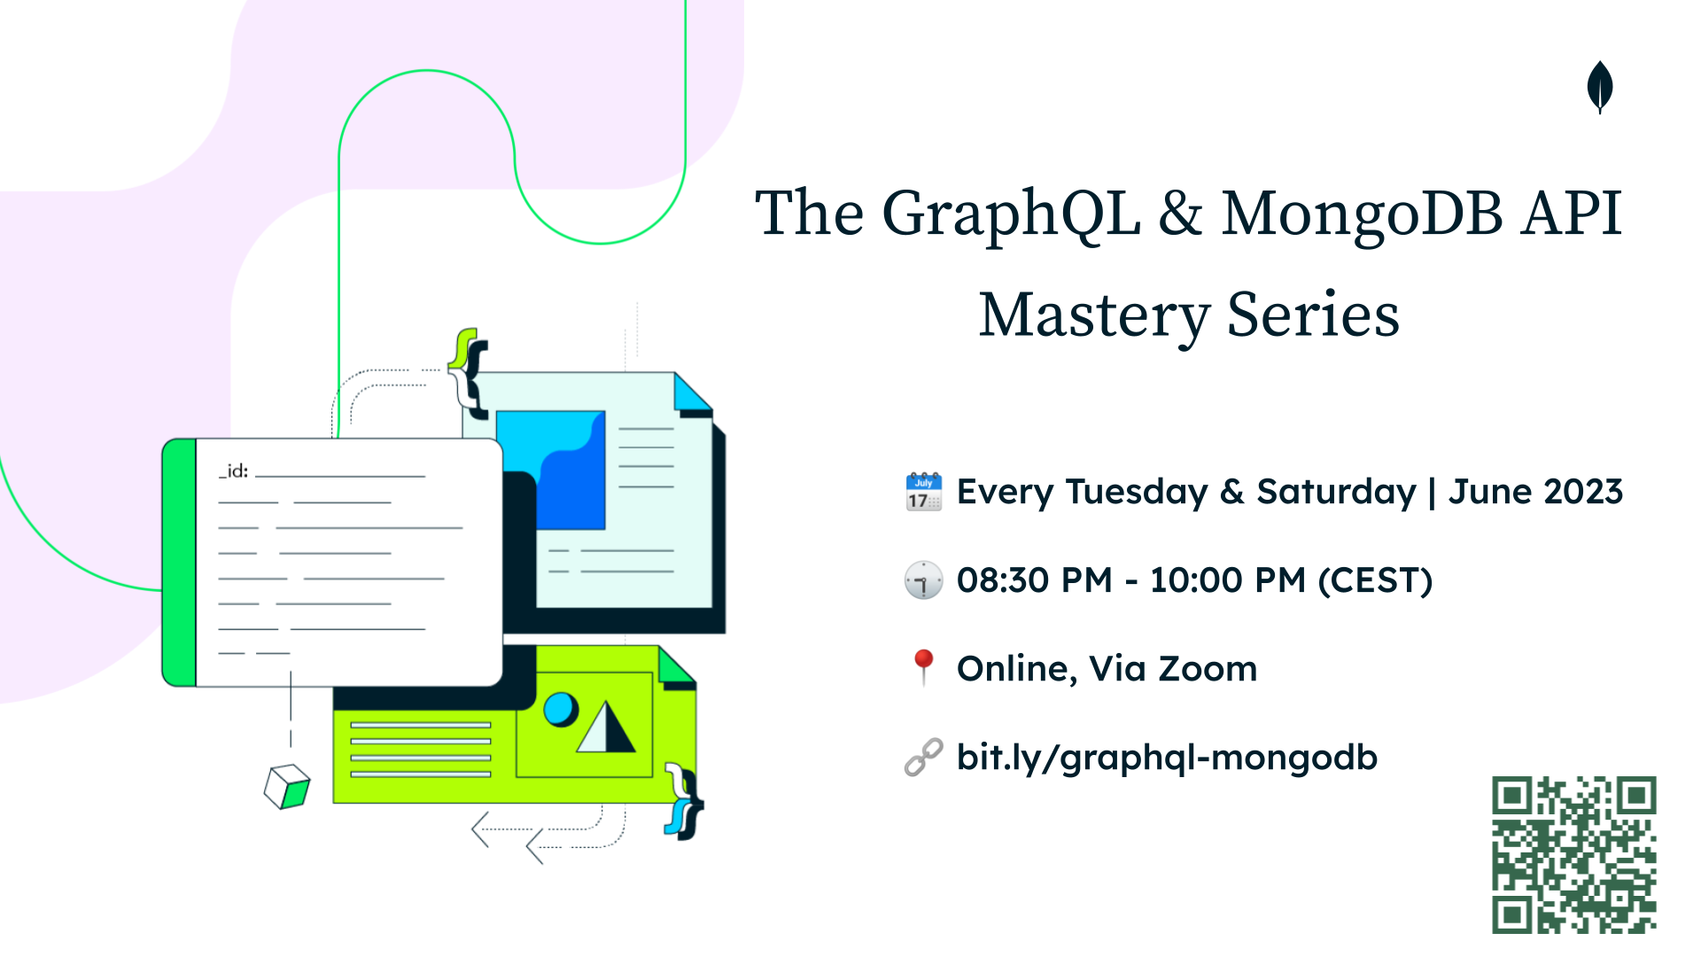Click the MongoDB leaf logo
[x=1600, y=87]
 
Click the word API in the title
[x=1572, y=214]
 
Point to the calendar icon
[x=923, y=492]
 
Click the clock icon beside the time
[x=923, y=580]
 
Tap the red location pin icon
[x=923, y=667]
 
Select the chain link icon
[x=923, y=758]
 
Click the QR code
[x=1574, y=855]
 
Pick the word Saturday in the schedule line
[x=1337, y=493]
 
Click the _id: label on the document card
[x=234, y=471]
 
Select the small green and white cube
[x=287, y=787]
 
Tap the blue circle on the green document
[x=560, y=709]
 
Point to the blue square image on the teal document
[x=551, y=470]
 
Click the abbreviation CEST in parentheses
[x=1375, y=580]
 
